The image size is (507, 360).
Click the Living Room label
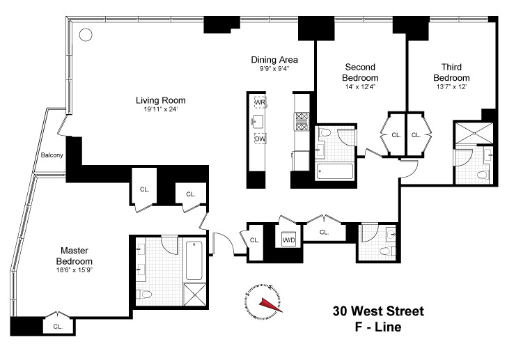[x=160, y=100]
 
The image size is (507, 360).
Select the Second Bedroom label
[x=361, y=72]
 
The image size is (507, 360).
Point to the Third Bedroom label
[x=451, y=72]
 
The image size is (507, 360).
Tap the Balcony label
[x=52, y=155]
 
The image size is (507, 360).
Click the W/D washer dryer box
[x=288, y=240]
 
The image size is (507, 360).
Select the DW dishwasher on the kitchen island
[x=260, y=139]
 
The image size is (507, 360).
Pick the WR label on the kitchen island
[x=260, y=102]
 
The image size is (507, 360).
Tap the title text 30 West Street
[x=378, y=311]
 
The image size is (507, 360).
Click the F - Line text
[x=378, y=325]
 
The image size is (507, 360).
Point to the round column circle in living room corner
[x=85, y=34]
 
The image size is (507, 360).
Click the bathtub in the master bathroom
[x=195, y=258]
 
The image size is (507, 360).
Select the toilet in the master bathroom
[x=143, y=294]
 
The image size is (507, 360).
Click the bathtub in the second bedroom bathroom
[x=334, y=169]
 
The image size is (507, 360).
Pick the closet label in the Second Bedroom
[x=395, y=134]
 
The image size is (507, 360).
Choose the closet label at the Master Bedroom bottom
[x=58, y=325]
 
